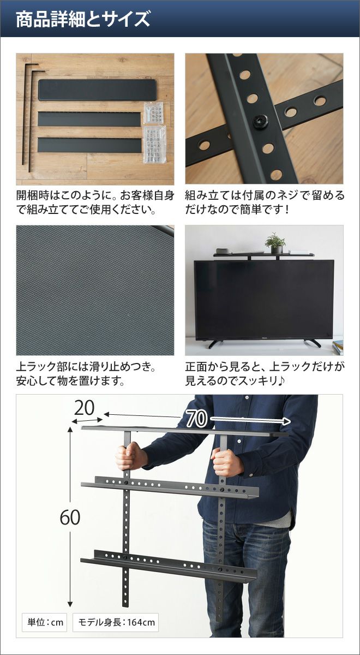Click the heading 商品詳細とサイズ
click(x=83, y=19)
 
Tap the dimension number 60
click(x=70, y=517)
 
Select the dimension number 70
click(x=196, y=419)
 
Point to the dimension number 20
click(x=84, y=408)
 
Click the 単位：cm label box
click(x=44, y=622)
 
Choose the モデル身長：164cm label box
click(x=116, y=622)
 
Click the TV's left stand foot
click(x=213, y=343)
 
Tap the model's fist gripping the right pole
click(x=226, y=463)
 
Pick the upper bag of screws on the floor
click(x=153, y=113)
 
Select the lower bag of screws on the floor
click(x=154, y=145)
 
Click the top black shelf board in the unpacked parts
click(x=98, y=90)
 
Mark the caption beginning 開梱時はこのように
click(x=95, y=203)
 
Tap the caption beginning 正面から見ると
click(x=265, y=373)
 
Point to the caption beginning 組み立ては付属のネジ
click(x=265, y=203)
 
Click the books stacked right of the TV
click(x=338, y=348)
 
